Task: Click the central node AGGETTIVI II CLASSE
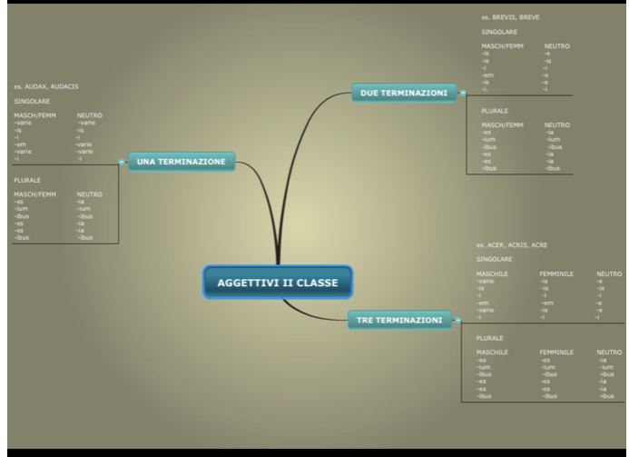[277, 283]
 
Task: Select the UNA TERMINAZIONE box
[181, 162]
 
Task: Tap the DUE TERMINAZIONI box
[404, 93]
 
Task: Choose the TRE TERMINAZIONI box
[399, 320]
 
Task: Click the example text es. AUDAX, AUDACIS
[46, 86]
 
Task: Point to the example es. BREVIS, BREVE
[510, 16]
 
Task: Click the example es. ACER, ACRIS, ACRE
[512, 244]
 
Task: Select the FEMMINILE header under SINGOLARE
[556, 273]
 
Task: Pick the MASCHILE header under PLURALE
[492, 351]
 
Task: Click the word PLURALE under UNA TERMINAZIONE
[27, 180]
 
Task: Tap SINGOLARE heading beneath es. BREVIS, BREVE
[499, 32]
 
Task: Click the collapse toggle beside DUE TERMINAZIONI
[462, 93]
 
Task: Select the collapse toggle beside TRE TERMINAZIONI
[457, 320]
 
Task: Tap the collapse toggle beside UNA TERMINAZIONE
[122, 162]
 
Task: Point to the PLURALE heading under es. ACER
[490, 337]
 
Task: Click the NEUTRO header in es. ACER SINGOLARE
[608, 273]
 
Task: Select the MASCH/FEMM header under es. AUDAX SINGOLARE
[34, 115]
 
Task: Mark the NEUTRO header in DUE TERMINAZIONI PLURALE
[557, 124]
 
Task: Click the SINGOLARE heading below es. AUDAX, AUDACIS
[32, 101]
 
